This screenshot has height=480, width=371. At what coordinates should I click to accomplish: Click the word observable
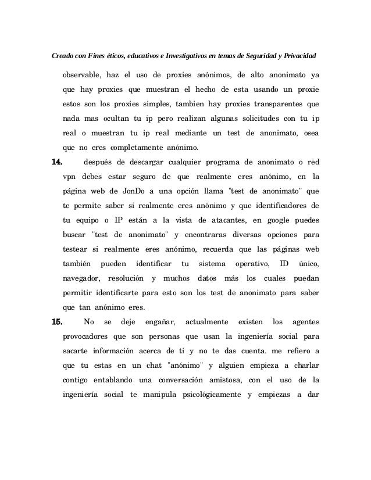81,76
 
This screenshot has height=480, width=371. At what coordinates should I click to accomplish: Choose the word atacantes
211,220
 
